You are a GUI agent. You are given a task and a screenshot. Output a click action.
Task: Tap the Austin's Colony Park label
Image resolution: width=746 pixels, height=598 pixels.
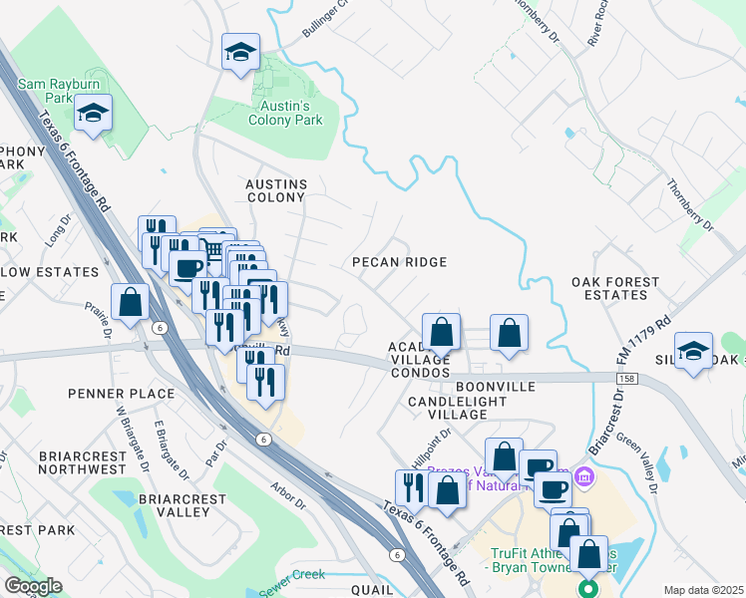pyautogui.click(x=285, y=113)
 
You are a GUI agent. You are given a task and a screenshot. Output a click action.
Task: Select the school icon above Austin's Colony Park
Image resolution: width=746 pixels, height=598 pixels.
pyautogui.click(x=240, y=53)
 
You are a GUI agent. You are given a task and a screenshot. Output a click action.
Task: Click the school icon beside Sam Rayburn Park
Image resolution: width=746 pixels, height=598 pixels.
pyautogui.click(x=94, y=114)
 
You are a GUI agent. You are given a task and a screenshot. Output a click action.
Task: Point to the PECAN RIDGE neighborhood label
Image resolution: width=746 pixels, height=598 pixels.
pyautogui.click(x=399, y=261)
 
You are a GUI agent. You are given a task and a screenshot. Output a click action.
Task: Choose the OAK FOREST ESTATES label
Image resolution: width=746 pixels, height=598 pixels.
pyautogui.click(x=615, y=288)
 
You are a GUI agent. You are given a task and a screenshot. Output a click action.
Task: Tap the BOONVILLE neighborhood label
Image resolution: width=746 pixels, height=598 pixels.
pyautogui.click(x=496, y=386)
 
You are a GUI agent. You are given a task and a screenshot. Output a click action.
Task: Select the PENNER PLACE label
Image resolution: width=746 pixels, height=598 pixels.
pyautogui.click(x=122, y=394)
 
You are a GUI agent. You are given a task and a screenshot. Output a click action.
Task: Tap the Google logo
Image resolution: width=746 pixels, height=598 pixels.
pyautogui.click(x=33, y=585)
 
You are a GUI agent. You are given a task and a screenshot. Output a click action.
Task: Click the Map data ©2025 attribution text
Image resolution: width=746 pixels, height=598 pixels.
pyautogui.click(x=703, y=590)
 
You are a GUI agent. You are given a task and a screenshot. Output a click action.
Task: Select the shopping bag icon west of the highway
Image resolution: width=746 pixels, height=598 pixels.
pyautogui.click(x=130, y=302)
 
